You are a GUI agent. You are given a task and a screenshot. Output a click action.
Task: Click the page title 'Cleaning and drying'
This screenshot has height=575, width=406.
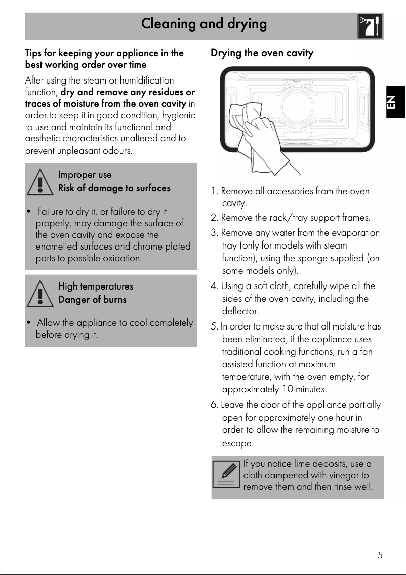(x=204, y=24)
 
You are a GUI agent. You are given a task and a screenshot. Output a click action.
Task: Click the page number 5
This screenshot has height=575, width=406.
(x=380, y=555)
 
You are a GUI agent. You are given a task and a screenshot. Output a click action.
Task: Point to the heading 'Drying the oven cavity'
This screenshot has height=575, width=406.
(x=262, y=53)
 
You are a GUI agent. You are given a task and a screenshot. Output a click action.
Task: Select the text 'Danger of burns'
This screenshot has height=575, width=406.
(x=92, y=300)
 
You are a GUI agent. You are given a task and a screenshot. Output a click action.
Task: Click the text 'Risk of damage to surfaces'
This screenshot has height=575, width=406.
(x=114, y=188)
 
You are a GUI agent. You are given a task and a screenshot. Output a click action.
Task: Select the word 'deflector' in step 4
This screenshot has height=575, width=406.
(x=240, y=311)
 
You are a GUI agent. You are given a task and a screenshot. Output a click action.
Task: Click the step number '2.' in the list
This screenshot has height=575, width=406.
(x=215, y=218)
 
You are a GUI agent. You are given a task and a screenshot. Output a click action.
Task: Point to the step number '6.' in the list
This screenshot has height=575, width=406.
(x=215, y=405)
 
